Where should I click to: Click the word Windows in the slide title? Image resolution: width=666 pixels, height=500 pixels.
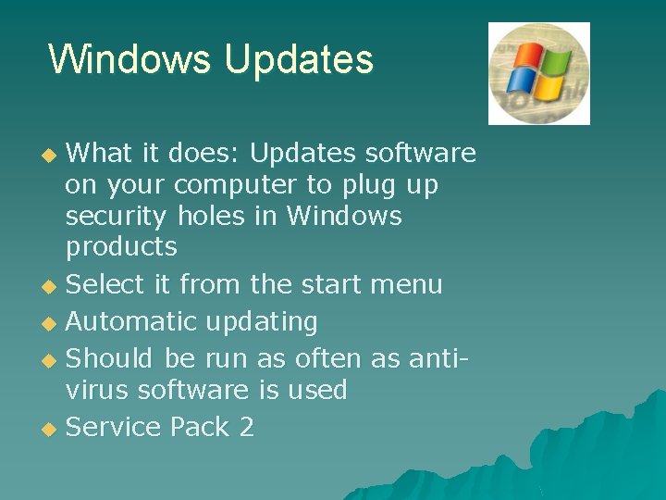click(130, 59)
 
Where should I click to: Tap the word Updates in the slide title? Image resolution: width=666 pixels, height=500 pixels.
click(298, 59)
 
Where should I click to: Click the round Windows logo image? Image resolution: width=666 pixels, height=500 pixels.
click(539, 73)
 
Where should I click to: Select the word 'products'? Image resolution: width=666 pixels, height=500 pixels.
click(121, 248)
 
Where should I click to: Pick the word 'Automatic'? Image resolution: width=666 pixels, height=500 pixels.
click(131, 322)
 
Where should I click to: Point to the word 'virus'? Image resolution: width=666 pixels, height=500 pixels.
click(97, 391)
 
